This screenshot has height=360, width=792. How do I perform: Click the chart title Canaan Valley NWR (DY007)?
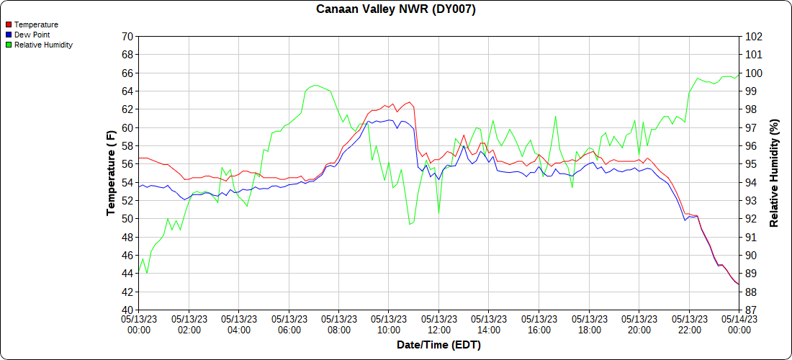(x=396, y=9)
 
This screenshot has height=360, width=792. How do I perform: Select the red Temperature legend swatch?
(x=9, y=24)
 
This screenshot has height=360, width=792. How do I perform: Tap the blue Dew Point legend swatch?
(x=9, y=35)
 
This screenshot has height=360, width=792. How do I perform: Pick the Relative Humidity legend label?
(x=43, y=45)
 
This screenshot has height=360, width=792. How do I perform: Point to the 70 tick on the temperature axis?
(x=127, y=36)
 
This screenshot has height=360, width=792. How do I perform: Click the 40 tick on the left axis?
(x=127, y=310)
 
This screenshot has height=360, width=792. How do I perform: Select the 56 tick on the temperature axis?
(x=127, y=164)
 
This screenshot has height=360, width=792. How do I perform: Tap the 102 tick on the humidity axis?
(x=754, y=36)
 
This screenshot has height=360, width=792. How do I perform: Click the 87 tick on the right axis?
(x=751, y=310)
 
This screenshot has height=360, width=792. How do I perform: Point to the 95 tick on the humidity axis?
(x=751, y=164)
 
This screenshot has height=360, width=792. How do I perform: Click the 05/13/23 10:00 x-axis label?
(x=389, y=325)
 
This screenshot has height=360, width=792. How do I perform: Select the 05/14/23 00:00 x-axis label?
(x=739, y=325)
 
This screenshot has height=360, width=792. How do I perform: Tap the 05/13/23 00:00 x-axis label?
(x=139, y=325)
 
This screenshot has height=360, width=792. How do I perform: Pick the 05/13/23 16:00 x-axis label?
(x=539, y=325)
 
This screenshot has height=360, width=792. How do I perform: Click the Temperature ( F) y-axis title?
(x=111, y=173)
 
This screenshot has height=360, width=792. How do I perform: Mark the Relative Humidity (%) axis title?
(x=775, y=173)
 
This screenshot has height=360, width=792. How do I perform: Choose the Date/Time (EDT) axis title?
(x=438, y=345)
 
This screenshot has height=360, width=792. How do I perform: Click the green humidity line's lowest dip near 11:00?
(x=410, y=224)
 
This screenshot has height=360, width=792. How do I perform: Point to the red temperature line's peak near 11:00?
(x=409, y=102)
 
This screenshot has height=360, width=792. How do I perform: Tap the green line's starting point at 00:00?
(x=139, y=273)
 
